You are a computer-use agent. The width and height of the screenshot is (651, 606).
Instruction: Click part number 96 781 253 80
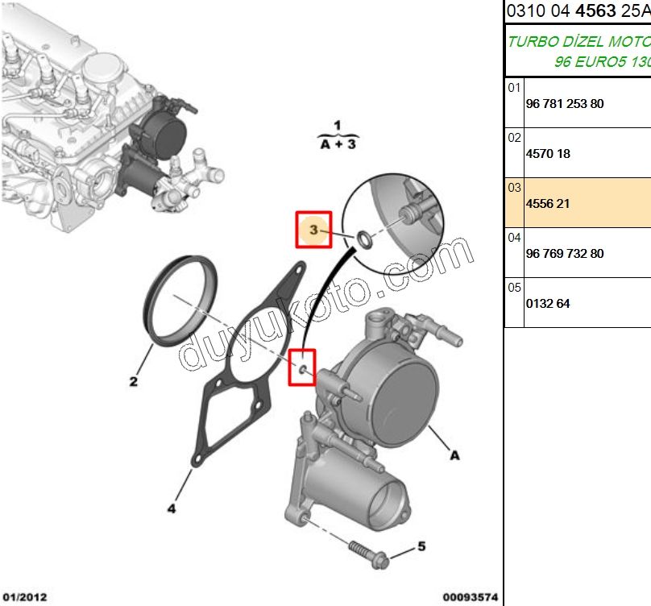[x=564, y=104]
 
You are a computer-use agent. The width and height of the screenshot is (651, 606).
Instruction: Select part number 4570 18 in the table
[x=547, y=154]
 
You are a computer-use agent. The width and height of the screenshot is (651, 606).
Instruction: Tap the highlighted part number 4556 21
[x=547, y=204]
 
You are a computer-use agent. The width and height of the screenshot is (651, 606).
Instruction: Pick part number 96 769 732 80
[x=564, y=254]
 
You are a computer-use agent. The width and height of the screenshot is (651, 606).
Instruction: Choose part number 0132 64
[x=547, y=304]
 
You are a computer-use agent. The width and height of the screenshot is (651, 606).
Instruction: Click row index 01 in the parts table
[x=514, y=87]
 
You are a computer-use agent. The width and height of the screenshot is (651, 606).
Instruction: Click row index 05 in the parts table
[x=514, y=287]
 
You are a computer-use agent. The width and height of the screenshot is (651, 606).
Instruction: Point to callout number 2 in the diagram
[x=134, y=381]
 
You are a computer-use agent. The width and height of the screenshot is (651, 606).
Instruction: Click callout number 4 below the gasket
[x=172, y=508]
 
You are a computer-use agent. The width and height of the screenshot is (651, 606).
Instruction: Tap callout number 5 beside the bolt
[x=421, y=547]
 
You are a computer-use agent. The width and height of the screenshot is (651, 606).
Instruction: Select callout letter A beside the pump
[x=454, y=455]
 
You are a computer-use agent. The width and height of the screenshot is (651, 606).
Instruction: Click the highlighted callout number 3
[x=313, y=230]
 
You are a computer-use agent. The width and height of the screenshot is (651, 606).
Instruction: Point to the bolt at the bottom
[x=367, y=554]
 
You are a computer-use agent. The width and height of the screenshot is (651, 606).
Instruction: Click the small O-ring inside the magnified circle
[x=364, y=239]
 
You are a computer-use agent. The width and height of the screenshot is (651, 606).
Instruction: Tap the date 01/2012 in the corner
[x=24, y=597]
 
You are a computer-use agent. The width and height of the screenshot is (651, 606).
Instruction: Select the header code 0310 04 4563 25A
[x=577, y=10]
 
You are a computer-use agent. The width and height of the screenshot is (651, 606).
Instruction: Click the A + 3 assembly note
[x=338, y=144]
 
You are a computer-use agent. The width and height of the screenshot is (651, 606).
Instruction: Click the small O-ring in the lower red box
[x=301, y=369]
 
